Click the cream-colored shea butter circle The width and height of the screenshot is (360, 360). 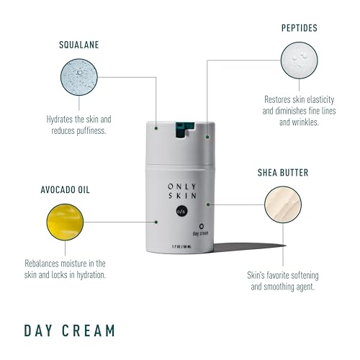point(288,207)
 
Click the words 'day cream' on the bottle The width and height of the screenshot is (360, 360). point(186,233)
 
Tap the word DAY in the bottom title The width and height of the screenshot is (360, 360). point(39,330)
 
